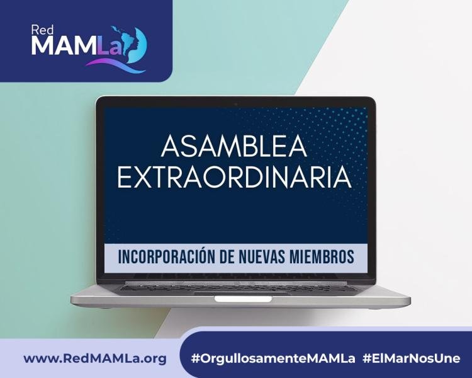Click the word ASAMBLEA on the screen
[234, 146]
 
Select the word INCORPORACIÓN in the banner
[166, 257]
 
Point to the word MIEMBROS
[322, 257]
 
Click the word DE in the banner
[227, 257]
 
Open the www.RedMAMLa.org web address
[95, 358]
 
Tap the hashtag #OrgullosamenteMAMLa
[273, 358]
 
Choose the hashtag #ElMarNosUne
[411, 358]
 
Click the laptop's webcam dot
[236, 105]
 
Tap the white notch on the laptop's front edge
[243, 299]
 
